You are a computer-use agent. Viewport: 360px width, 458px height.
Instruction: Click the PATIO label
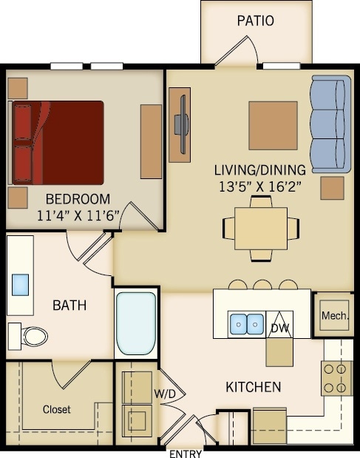pos(255,21)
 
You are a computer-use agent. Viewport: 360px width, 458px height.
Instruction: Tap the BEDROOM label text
pos(78,198)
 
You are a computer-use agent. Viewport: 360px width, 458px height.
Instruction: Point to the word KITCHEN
pos(253,386)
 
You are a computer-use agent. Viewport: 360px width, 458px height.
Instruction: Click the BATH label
pos(70,304)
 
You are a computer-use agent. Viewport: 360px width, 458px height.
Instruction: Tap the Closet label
pos(56,409)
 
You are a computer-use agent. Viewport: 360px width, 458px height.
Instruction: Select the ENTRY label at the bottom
pos(185,453)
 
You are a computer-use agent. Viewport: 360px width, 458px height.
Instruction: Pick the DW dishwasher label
pos(279,327)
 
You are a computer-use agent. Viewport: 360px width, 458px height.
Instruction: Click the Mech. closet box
pos(334,315)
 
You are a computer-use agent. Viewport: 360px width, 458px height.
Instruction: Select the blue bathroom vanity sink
pos(21,285)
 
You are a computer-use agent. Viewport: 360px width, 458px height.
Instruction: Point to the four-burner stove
pos(336,377)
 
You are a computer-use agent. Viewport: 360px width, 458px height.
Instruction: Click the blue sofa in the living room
pos(330,124)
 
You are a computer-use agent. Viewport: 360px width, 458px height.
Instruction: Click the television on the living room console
pos(181,124)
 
